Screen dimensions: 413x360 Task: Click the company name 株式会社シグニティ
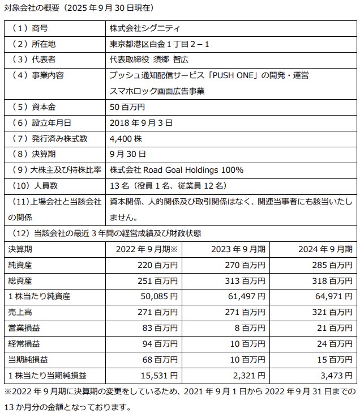[x=146, y=28]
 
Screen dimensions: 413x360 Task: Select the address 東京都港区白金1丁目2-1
[x=160, y=44]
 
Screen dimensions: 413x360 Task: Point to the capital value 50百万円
[x=127, y=106]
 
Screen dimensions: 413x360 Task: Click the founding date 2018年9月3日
[x=141, y=122]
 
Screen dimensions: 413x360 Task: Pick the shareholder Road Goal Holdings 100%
[x=177, y=169]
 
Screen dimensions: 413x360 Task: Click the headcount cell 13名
[x=169, y=185]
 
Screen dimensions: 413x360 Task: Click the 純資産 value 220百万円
[x=156, y=265]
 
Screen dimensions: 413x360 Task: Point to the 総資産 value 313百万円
[x=246, y=280]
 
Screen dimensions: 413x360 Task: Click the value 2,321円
[x=248, y=375]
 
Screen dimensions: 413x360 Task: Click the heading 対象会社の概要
[x=31, y=8]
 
